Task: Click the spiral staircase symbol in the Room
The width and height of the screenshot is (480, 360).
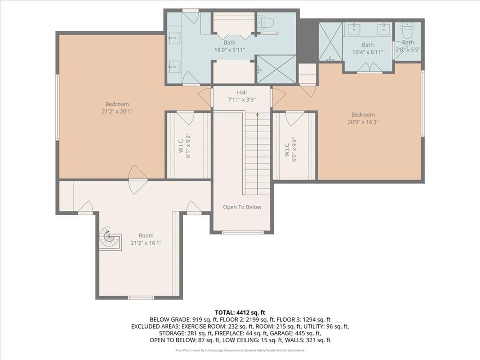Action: (109, 238)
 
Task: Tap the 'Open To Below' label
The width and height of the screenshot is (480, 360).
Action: (242, 207)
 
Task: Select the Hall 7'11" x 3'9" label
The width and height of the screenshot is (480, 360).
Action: (242, 96)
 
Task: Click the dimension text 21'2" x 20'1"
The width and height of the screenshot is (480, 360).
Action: (117, 112)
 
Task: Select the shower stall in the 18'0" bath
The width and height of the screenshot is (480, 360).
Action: (276, 69)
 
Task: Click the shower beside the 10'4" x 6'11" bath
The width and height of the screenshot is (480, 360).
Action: (330, 42)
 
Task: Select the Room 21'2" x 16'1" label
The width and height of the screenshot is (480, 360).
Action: (146, 239)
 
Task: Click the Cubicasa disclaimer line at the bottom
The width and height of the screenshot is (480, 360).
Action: (240, 350)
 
